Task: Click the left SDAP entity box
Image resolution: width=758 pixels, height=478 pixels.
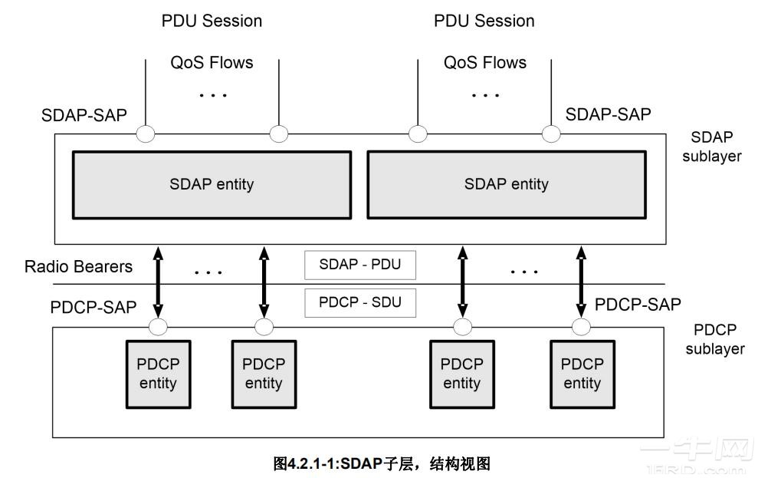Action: click(x=211, y=184)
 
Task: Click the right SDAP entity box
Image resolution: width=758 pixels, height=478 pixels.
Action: click(x=506, y=184)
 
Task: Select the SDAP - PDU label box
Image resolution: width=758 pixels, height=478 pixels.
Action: click(x=359, y=265)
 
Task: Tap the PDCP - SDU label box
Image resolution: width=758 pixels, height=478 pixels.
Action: click(x=359, y=303)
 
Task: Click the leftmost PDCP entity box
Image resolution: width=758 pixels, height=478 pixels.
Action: click(x=158, y=374)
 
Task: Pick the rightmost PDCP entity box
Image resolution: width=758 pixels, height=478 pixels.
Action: click(x=582, y=374)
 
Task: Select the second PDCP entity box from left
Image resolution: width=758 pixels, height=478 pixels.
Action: click(x=264, y=374)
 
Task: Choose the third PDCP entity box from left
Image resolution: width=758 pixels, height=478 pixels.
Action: click(x=462, y=374)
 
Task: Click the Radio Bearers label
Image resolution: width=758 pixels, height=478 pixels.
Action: click(x=78, y=267)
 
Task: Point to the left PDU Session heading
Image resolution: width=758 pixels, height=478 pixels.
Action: click(x=212, y=21)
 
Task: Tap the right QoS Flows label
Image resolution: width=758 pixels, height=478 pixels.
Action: click(x=485, y=63)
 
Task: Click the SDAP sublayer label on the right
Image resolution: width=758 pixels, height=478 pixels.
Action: click(x=716, y=147)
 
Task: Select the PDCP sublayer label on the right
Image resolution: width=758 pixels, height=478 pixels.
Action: click(x=714, y=339)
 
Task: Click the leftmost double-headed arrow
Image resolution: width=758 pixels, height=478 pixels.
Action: click(x=159, y=282)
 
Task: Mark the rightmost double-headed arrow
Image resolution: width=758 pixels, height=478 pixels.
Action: click(x=581, y=282)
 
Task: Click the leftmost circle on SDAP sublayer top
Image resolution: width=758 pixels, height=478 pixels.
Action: click(x=145, y=135)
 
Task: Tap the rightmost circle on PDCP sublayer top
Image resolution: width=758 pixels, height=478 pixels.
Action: click(x=581, y=328)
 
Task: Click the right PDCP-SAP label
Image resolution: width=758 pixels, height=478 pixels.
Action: click(x=638, y=305)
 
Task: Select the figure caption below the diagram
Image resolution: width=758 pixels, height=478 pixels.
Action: click(x=382, y=463)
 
